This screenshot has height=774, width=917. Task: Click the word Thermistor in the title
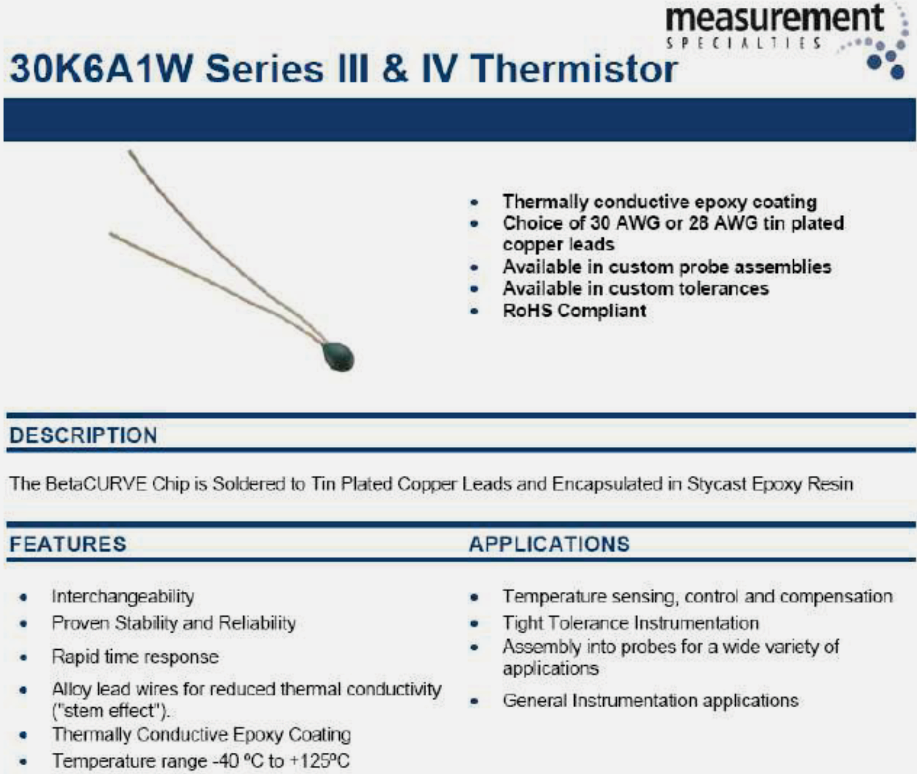click(574, 68)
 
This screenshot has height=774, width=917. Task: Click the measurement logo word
click(775, 18)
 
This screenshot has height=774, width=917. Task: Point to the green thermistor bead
click(338, 356)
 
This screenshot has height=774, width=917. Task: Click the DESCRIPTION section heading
click(83, 435)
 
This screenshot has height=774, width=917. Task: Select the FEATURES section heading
click(68, 544)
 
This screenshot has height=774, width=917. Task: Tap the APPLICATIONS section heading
click(549, 544)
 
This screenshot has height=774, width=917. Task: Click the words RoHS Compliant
click(574, 311)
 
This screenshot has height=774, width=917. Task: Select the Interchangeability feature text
click(123, 596)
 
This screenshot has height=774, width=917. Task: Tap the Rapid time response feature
click(135, 657)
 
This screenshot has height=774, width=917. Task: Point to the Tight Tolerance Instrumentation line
click(631, 623)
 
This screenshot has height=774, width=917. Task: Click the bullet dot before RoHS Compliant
click(474, 312)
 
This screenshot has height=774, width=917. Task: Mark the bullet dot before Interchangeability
click(23, 597)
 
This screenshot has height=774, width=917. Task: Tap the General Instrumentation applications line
click(650, 701)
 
